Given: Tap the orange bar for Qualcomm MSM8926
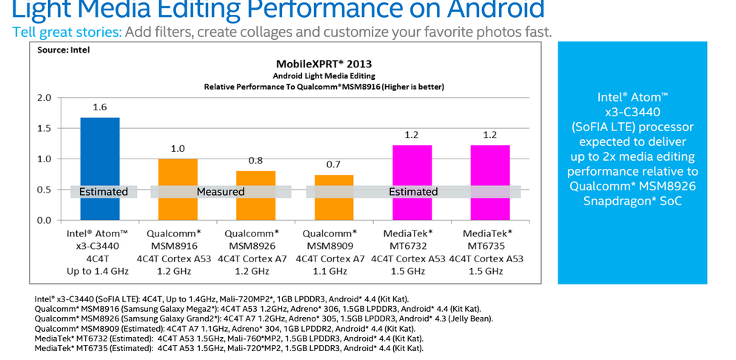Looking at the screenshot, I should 255,181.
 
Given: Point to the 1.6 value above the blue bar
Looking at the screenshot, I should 99,107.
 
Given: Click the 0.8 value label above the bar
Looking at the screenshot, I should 255,161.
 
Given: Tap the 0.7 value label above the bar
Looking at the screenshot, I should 334,165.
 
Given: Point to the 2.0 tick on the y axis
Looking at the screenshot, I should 44,98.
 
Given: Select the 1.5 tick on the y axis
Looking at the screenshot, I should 44,128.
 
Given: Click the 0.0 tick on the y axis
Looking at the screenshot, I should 44,221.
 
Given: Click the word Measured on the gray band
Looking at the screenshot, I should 220,192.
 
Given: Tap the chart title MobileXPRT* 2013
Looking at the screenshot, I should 324,64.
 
